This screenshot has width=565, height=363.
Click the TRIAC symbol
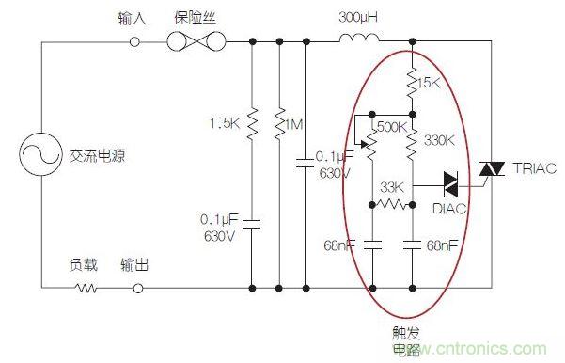486,168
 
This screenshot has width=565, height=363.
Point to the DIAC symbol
451,180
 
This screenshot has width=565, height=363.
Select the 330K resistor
413,141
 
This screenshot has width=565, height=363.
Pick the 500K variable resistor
373,142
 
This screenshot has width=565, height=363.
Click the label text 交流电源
97,158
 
